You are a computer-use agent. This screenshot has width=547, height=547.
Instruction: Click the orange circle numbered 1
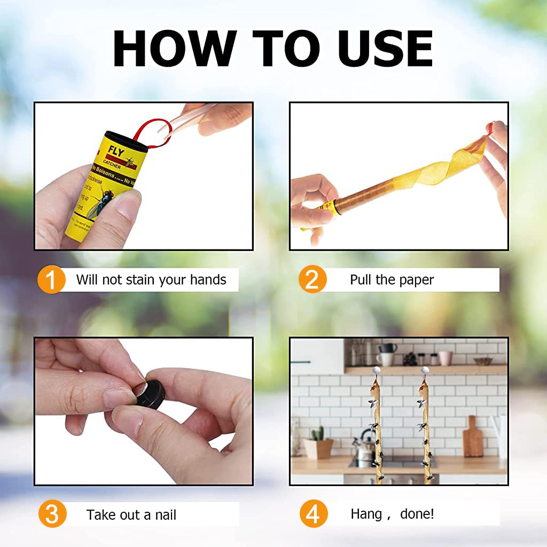click(x=52, y=280)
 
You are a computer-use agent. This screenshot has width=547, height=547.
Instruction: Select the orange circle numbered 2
click(x=312, y=280)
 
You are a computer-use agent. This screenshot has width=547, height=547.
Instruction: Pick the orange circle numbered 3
click(x=52, y=515)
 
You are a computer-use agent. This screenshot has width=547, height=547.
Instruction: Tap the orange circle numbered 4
click(x=312, y=515)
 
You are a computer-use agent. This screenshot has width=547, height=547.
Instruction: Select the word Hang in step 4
click(x=366, y=514)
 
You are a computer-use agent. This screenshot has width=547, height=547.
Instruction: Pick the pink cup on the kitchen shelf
click(x=446, y=357)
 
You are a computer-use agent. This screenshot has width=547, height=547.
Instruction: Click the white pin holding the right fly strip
click(x=425, y=370)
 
